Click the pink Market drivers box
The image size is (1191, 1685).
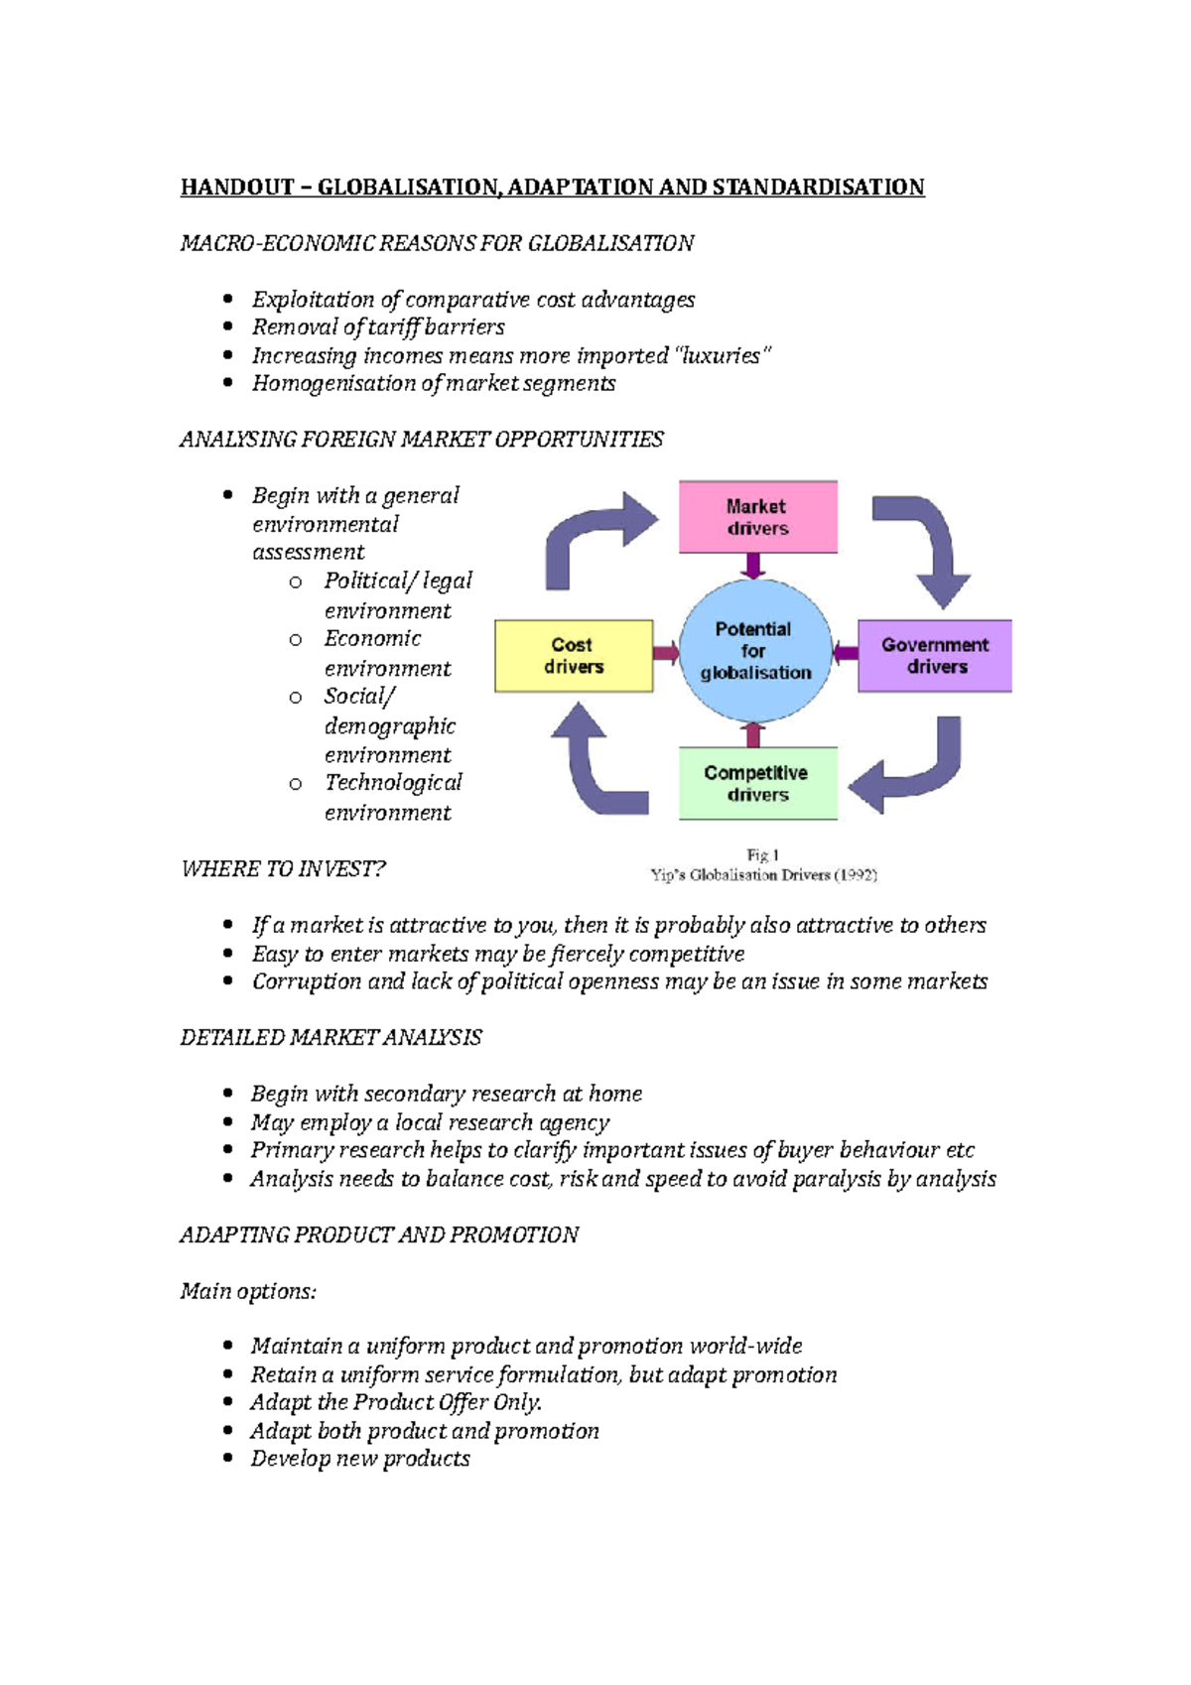coord(757,517)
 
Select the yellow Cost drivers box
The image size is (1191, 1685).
coord(574,656)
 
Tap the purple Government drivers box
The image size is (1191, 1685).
coord(935,656)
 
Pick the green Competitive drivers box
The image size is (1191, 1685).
coord(757,783)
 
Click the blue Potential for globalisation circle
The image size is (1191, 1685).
coord(755,650)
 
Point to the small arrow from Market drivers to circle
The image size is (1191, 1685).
coord(753,565)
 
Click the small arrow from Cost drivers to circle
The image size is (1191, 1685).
coord(666,653)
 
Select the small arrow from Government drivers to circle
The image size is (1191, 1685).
coord(846,653)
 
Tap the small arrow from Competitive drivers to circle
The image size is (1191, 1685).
coord(753,734)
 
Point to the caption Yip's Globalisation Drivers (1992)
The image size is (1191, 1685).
coord(763,875)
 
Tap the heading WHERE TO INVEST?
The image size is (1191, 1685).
coord(283,869)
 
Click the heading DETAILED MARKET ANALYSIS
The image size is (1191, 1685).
coord(331,1038)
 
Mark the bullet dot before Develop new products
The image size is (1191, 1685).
coord(228,1458)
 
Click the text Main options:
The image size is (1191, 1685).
coord(248,1291)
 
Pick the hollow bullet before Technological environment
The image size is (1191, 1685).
coord(295,784)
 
